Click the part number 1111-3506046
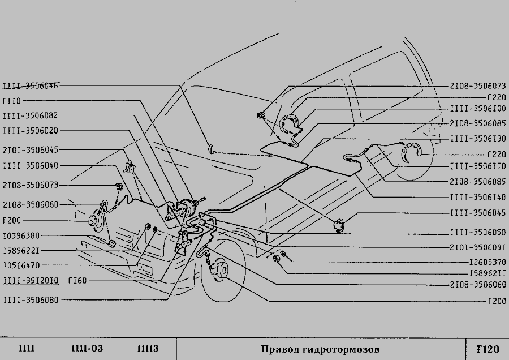tap(30, 85)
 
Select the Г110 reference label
tap(12, 101)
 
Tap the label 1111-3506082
tap(30, 115)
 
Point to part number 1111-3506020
tap(30, 131)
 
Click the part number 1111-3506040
tap(30, 165)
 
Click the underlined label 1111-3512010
tap(30, 280)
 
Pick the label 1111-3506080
tap(30, 300)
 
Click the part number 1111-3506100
tap(478, 109)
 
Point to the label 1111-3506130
tap(478, 138)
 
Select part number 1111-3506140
tap(478, 197)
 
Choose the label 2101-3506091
tap(478, 247)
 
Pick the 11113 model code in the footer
tap(148, 348)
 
